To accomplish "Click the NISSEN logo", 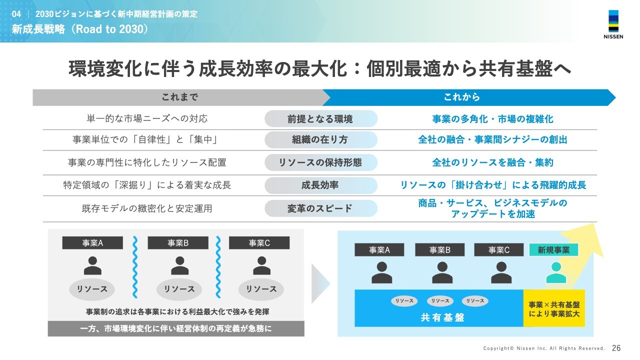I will [613, 26].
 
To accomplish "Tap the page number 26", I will [616, 348].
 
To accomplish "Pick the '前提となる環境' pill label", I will [320, 119].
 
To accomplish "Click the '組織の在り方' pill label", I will [320, 140].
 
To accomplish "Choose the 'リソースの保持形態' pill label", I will [320, 162].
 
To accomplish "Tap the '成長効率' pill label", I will [320, 185].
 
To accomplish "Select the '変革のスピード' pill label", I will [320, 208].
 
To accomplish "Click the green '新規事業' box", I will [553, 250].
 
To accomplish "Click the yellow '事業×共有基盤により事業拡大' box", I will [554, 308].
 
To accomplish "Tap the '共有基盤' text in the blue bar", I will [442, 317].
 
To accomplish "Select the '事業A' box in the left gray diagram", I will [92, 243].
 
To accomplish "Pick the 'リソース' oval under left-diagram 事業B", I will [176, 289].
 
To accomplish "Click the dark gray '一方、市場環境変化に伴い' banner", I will [176, 328].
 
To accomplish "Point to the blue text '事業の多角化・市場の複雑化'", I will [492, 119].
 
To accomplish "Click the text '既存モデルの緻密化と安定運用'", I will [147, 208].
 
